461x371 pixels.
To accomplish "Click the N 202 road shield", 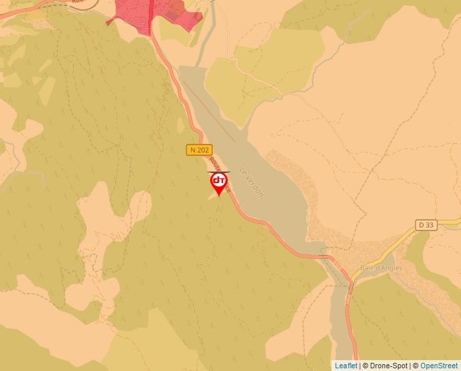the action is [199, 150].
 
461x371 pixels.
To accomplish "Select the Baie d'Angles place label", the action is [381, 267].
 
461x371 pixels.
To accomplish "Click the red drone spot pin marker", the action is [219, 182].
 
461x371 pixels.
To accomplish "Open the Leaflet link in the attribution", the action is [346, 366].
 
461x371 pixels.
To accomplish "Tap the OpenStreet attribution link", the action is [439, 366].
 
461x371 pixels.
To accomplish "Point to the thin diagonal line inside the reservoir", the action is [210, 113].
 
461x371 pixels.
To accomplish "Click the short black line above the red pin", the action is [218, 172].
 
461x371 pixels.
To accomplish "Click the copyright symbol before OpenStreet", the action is [416, 366].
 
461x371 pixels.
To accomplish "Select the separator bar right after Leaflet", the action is [360, 366].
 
